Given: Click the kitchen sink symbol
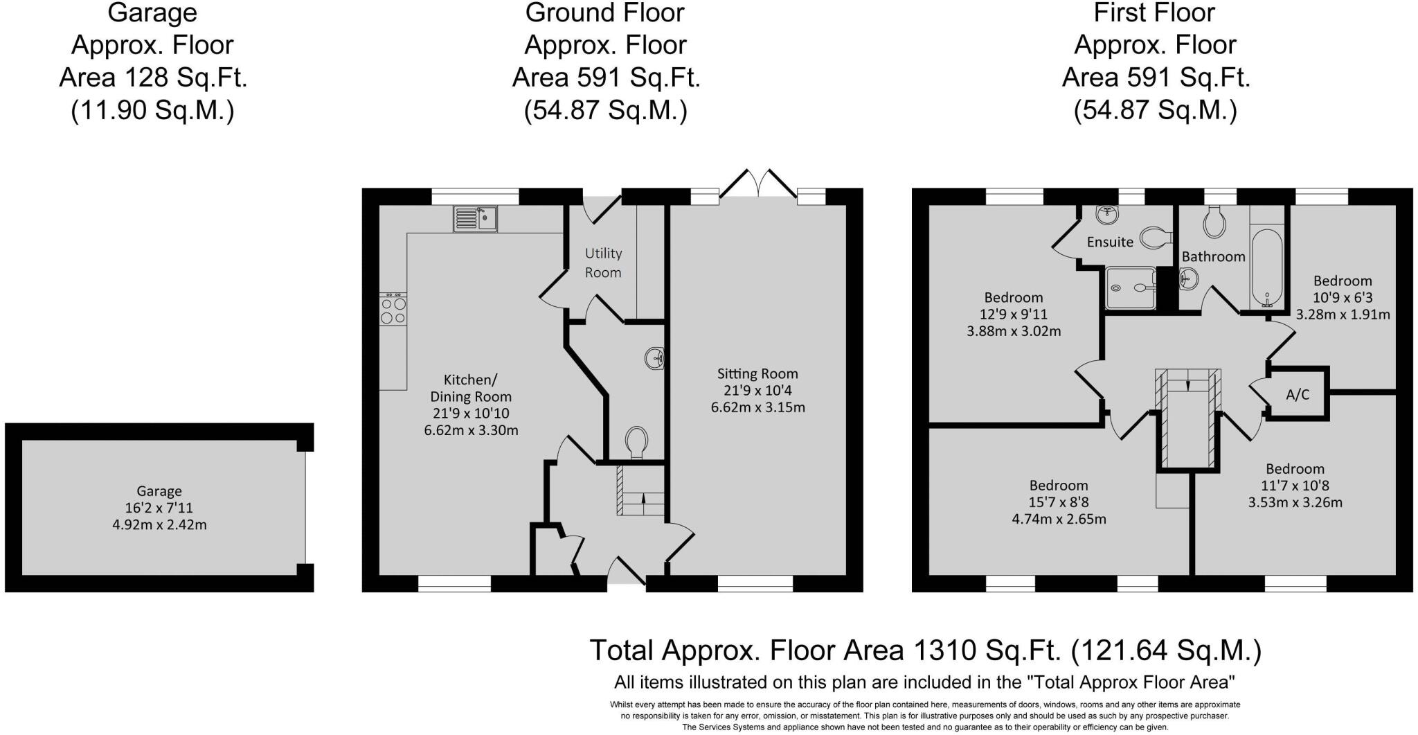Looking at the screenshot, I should [x=476, y=218].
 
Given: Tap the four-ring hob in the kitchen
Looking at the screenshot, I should [x=393, y=310].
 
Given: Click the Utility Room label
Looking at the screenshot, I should [x=603, y=263].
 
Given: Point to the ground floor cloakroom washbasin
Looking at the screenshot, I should [x=654, y=359].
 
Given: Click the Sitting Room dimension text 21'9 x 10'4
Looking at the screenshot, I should [x=757, y=391].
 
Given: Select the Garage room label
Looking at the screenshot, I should [x=159, y=491].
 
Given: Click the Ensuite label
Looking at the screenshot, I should [x=1110, y=242].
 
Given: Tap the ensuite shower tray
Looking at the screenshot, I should [x=1131, y=289].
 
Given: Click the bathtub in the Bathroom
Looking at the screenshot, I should [x=1266, y=268].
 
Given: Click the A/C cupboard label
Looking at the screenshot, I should [x=1297, y=395].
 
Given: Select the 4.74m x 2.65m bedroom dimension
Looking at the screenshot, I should [x=1058, y=519].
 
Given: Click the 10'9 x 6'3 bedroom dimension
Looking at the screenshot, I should [x=1343, y=298].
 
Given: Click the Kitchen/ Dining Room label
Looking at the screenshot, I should [x=471, y=388].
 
